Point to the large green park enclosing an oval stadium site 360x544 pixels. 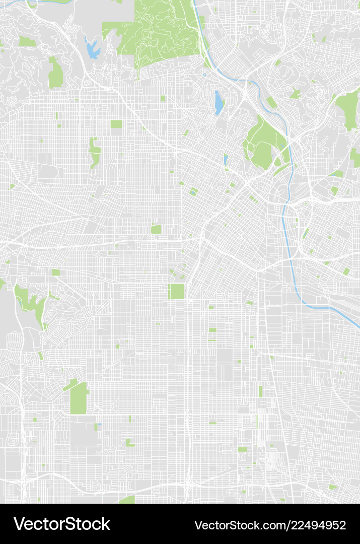(x=262, y=144)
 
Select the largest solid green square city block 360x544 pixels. (x=176, y=291)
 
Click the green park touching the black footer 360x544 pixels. (x=128, y=500)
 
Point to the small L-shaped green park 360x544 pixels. (x=129, y=443)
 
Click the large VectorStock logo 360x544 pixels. (x=61, y=524)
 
